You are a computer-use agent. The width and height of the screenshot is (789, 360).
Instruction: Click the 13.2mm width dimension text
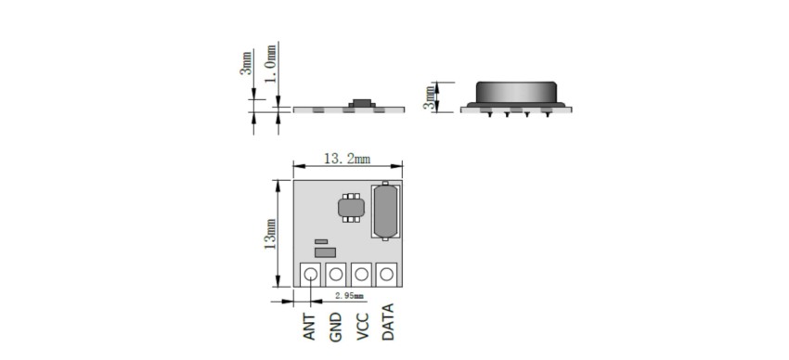tap(347, 159)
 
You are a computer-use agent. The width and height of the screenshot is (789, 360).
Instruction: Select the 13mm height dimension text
tap(270, 235)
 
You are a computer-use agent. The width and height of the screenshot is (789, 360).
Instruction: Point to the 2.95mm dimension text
tap(349, 296)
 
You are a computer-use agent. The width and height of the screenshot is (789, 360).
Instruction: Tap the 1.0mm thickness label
tap(271, 64)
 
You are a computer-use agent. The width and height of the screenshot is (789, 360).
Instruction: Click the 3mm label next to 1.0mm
tap(246, 63)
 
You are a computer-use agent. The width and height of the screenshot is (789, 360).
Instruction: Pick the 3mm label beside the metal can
tap(429, 97)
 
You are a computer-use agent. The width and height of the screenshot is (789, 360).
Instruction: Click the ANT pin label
tap(310, 327)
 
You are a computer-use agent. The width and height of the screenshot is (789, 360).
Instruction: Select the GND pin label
tap(336, 328)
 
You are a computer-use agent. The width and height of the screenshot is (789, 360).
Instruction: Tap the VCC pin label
tap(362, 327)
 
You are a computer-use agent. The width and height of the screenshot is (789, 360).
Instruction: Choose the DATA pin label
tap(388, 322)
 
